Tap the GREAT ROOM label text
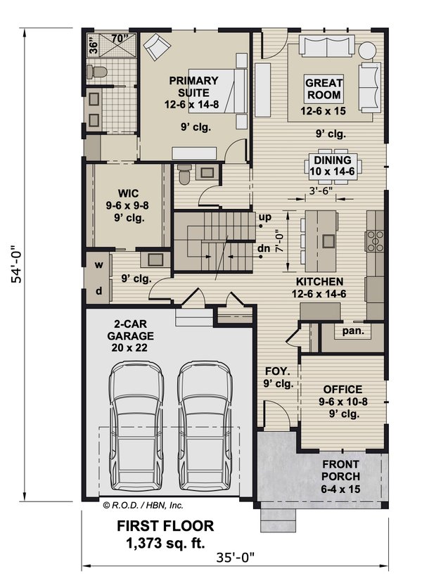coord(324,89)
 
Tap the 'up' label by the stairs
coord(264,217)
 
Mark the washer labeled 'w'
coord(98,265)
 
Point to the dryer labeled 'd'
coord(98,290)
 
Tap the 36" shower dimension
coord(94,46)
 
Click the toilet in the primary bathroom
coord(98,71)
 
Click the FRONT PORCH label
coord(341,470)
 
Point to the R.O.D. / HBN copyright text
coord(143,504)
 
